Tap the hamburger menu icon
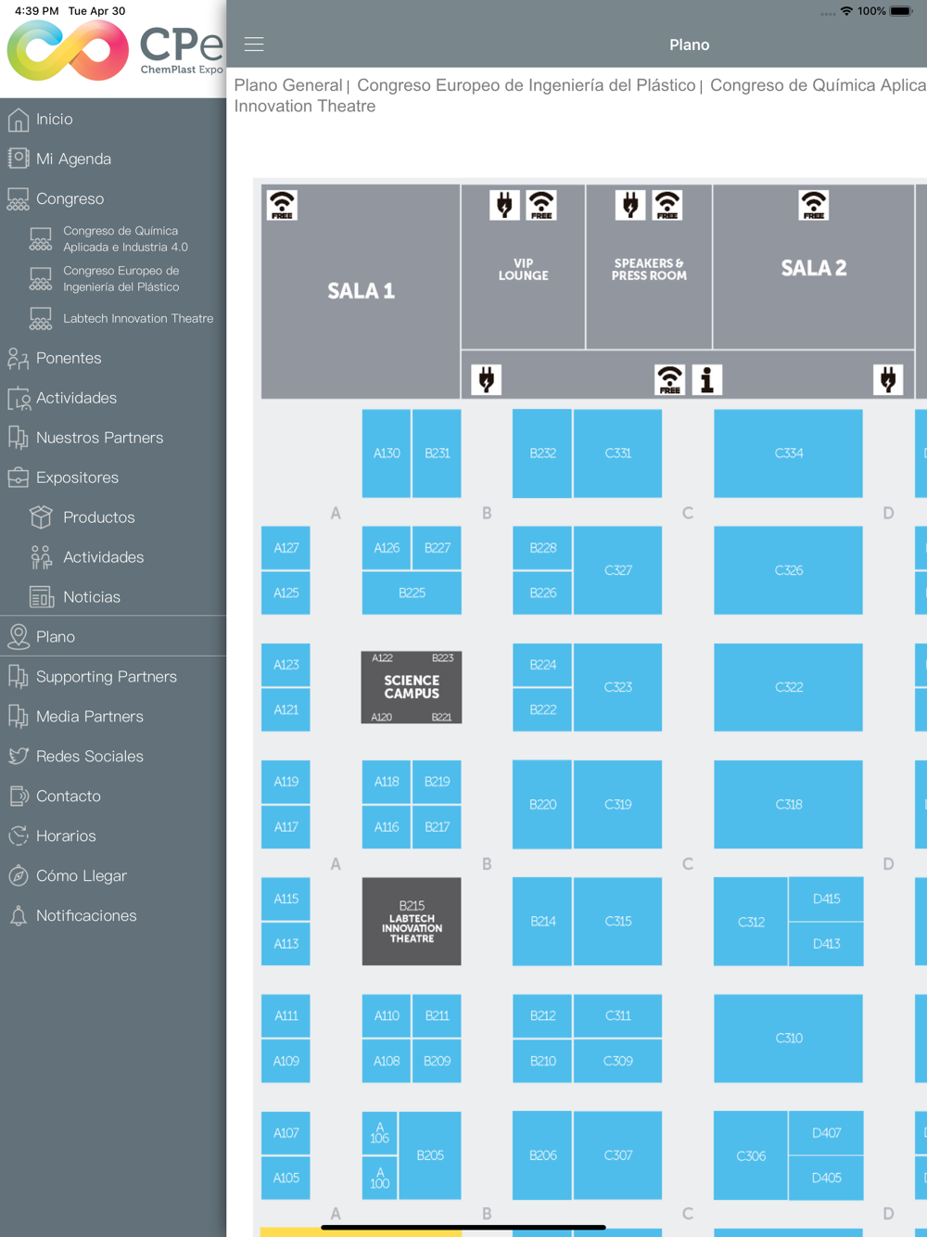tap(254, 44)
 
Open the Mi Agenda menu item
tap(73, 159)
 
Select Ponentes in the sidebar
tap(69, 358)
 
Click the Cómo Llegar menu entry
tap(81, 875)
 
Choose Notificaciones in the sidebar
tap(86, 915)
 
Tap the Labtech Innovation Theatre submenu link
tap(138, 318)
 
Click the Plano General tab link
tap(287, 85)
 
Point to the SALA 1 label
tap(361, 291)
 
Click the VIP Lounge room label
tap(523, 270)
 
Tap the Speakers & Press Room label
tap(649, 270)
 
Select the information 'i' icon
tap(706, 379)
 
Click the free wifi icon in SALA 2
tap(813, 205)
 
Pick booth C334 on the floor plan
tap(788, 453)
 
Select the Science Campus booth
tap(411, 687)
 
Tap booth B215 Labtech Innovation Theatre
tap(411, 921)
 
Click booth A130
tap(387, 453)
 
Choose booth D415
tap(826, 899)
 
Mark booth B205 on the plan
tap(430, 1155)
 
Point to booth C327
tap(617, 570)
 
